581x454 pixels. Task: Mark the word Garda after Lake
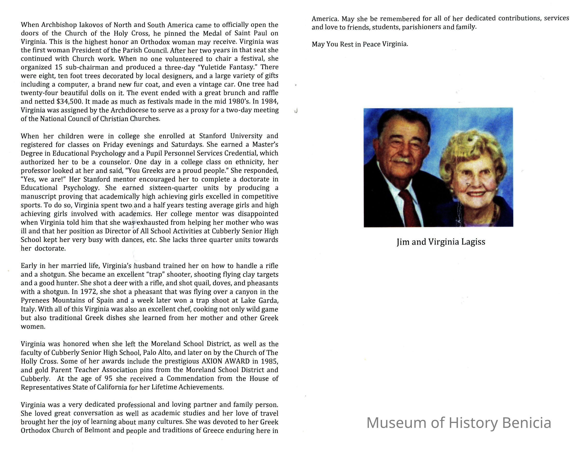click(x=267, y=300)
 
